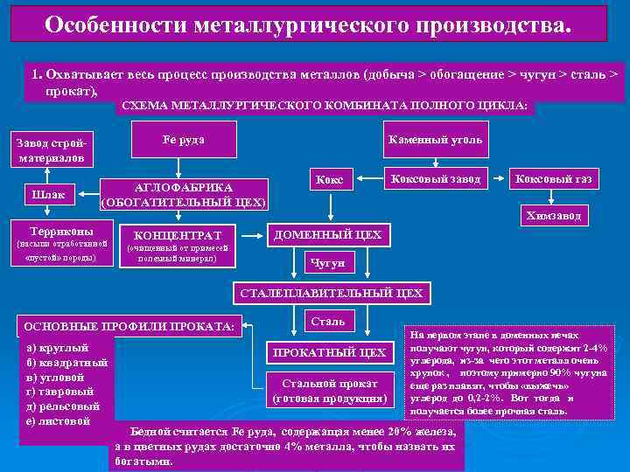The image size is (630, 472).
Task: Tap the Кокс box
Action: pyautogui.click(x=330, y=180)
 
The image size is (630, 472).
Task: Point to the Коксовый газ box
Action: pyautogui.click(x=553, y=180)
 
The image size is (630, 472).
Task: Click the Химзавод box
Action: pyautogui.click(x=553, y=215)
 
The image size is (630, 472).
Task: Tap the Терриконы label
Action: pyautogui.click(x=56, y=227)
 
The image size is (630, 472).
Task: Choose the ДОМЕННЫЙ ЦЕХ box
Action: pyautogui.click(x=328, y=235)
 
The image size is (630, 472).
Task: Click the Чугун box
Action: pyautogui.click(x=328, y=262)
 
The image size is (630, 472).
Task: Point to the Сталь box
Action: pyautogui.click(x=328, y=321)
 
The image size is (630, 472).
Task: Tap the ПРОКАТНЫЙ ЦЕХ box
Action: pyautogui.click(x=329, y=353)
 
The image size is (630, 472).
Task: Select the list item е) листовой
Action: pyautogui.click(x=59, y=421)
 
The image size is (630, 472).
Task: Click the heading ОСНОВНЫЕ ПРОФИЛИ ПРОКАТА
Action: pyautogui.click(x=129, y=326)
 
